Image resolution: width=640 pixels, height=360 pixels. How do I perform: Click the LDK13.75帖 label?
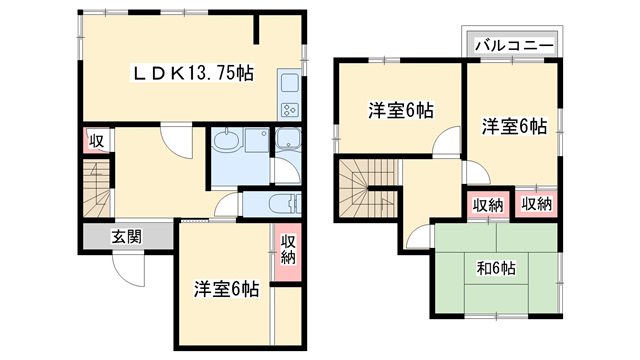click(194, 74)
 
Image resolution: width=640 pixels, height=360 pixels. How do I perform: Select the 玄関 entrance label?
click(126, 237)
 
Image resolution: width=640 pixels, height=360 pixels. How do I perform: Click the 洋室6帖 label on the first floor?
click(226, 289)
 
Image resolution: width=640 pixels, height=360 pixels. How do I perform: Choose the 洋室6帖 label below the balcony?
click(515, 127)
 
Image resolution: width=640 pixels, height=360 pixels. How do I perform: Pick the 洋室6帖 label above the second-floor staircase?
click(400, 110)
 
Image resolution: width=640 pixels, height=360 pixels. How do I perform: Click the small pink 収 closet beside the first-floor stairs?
click(96, 141)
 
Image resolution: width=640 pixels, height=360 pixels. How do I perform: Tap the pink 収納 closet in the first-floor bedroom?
click(288, 248)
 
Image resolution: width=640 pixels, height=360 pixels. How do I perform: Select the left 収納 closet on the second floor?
click(488, 204)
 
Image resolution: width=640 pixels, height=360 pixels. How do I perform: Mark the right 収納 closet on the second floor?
click(536, 204)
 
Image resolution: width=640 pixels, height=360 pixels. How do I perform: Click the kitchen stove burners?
click(289, 108)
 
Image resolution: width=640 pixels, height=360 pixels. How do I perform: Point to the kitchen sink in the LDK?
click(289, 84)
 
